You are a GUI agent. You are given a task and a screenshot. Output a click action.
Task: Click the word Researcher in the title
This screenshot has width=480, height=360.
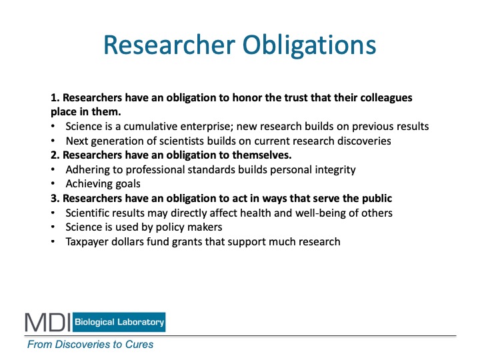(x=169, y=45)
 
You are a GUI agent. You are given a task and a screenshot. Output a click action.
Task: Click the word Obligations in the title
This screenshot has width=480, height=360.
(x=309, y=46)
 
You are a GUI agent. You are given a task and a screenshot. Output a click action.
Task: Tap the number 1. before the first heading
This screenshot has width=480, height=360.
(x=55, y=97)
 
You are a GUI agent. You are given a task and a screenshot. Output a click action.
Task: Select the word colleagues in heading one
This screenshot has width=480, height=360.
(x=386, y=98)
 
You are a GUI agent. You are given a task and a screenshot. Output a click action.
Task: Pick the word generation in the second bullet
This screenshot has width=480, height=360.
(x=122, y=141)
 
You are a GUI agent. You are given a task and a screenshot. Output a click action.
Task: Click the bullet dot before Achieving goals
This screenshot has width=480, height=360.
(x=53, y=184)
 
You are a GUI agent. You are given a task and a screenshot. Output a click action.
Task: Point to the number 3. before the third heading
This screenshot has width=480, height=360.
(x=55, y=199)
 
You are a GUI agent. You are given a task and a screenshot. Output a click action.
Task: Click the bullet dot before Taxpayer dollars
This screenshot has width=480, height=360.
(x=53, y=241)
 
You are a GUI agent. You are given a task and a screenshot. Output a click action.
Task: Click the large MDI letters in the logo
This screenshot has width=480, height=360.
(x=48, y=322)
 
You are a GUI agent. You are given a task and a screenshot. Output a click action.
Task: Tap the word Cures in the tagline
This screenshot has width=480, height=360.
(x=139, y=345)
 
